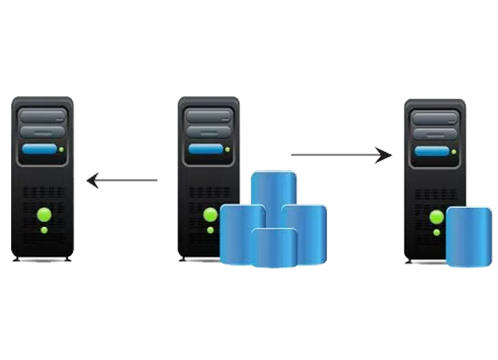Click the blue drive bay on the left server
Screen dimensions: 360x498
39,149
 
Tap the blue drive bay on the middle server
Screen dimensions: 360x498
206,149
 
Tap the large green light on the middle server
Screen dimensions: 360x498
210,214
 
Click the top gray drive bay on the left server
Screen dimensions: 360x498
39,114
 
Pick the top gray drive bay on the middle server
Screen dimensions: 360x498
206,114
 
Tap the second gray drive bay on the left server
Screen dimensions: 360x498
39,131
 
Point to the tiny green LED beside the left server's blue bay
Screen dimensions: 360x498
61,149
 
